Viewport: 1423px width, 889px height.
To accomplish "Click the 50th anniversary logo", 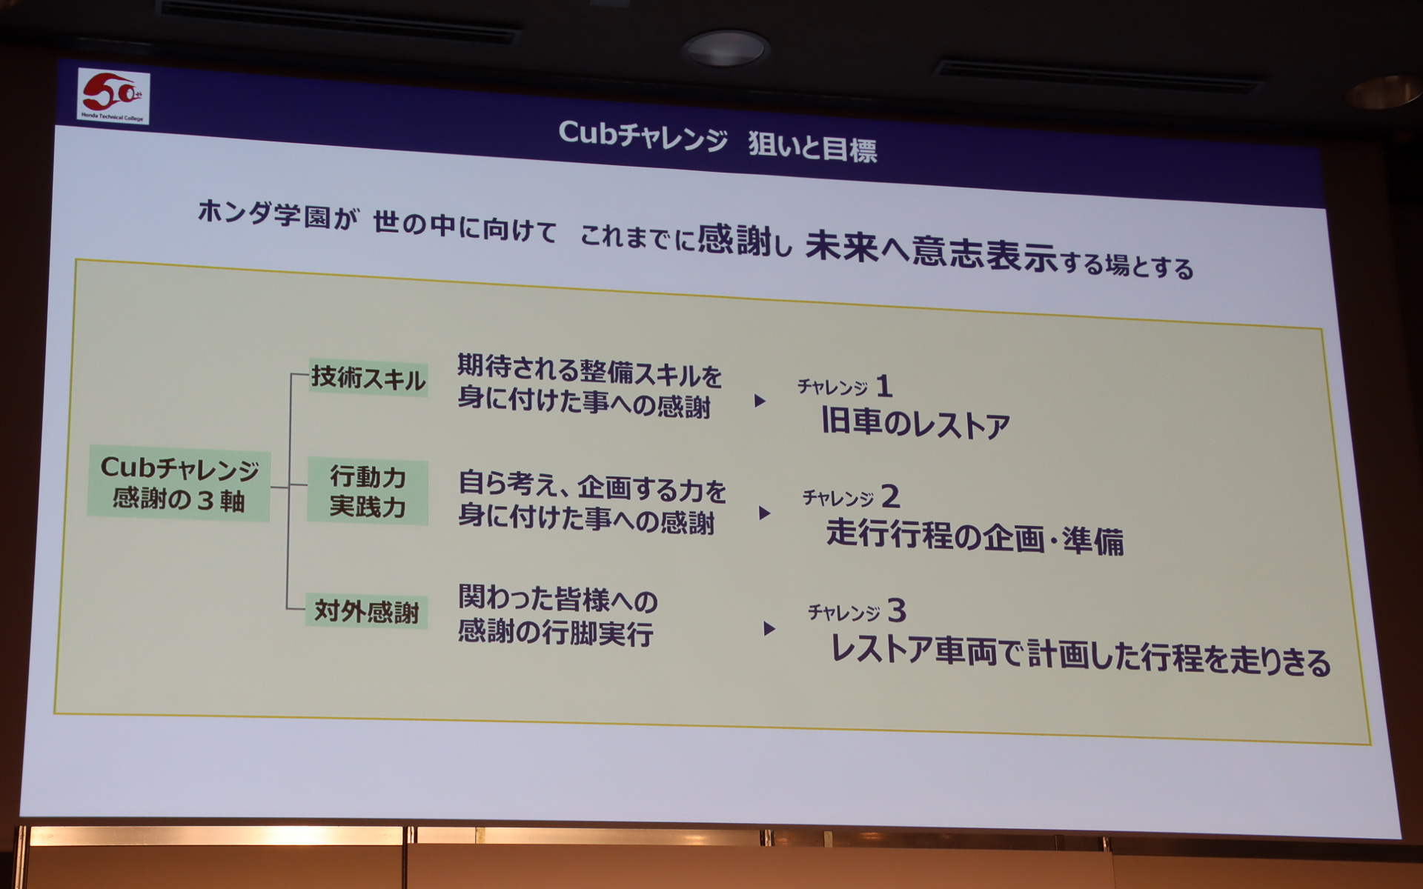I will (x=113, y=96).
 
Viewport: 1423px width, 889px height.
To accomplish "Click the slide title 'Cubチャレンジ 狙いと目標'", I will (x=717, y=141).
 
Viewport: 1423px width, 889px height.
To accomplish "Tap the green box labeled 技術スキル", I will (x=368, y=378).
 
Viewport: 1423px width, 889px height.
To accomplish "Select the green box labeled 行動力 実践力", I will (x=368, y=492).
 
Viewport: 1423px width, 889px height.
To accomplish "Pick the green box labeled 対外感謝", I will (x=366, y=612).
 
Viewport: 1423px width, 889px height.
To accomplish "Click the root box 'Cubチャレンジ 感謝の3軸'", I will (x=179, y=484).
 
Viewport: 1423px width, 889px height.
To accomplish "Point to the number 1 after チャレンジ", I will (x=883, y=386).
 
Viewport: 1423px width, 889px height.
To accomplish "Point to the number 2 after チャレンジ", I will (x=890, y=496).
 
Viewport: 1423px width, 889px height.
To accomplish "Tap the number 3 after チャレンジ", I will (x=896, y=611).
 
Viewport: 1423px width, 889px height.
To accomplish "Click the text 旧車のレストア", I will (x=915, y=424).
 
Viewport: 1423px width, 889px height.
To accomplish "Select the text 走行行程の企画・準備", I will (x=974, y=536).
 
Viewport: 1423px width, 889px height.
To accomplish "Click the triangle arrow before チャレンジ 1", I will (x=760, y=401).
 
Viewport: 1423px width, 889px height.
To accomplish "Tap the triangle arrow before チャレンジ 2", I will (x=765, y=513).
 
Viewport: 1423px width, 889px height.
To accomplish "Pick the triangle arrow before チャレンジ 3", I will (x=769, y=629).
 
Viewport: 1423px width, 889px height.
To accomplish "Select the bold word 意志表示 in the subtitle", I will (x=984, y=254).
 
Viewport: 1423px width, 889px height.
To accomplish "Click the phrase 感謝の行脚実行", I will (x=555, y=633).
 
